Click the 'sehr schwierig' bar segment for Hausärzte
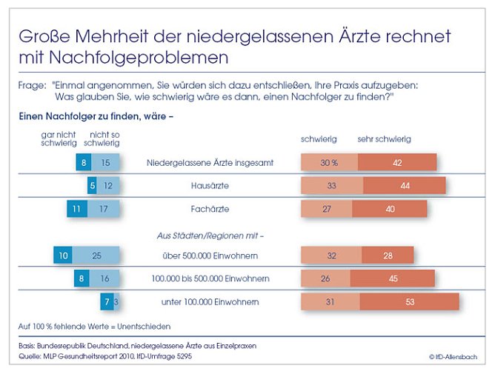click(x=405, y=185)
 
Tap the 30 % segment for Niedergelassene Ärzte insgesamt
click(x=329, y=162)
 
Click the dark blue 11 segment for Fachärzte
click(x=77, y=209)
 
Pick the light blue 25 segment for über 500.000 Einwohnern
click(x=96, y=256)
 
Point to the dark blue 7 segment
click(x=107, y=302)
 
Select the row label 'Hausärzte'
click(x=208, y=186)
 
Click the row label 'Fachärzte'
click(x=208, y=209)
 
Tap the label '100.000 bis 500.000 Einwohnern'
click(x=208, y=278)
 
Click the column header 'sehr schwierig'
click(x=384, y=139)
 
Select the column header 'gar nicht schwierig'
click(x=59, y=138)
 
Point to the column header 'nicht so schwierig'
click(x=102, y=138)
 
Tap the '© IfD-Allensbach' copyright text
click(x=453, y=357)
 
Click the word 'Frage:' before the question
click(x=32, y=85)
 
